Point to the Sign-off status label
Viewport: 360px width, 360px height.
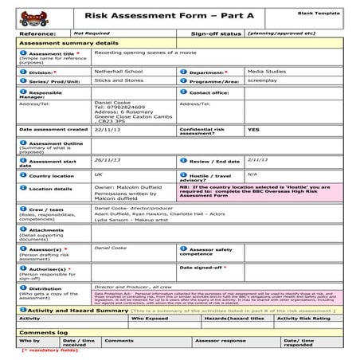click(x=216, y=34)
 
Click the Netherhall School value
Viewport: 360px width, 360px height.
click(x=116, y=71)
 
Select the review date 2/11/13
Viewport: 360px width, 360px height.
click(x=257, y=159)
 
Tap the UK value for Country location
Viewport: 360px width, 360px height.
click(x=98, y=174)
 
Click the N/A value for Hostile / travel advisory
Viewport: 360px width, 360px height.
click(x=252, y=174)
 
